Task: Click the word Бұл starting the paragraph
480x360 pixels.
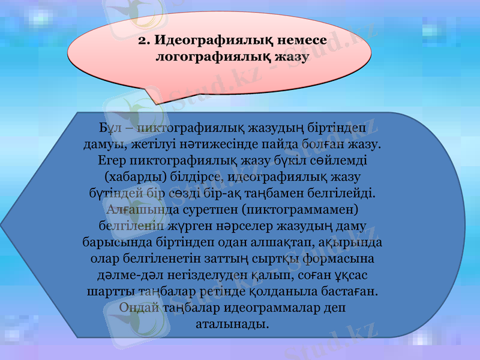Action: pyautogui.click(x=110, y=128)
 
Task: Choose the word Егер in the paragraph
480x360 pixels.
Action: pyautogui.click(x=110, y=161)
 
